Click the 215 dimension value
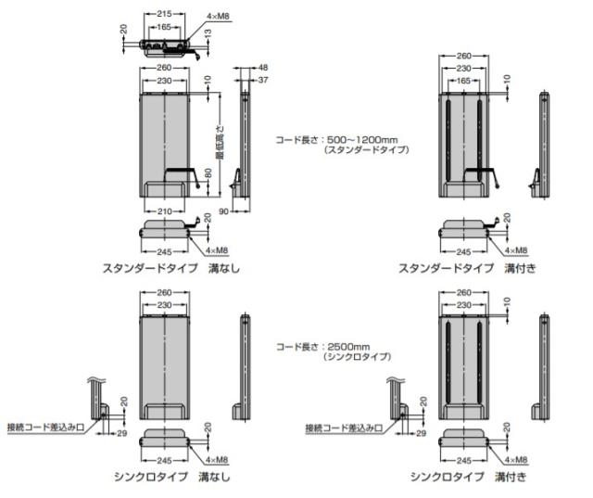164,14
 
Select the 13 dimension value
208,33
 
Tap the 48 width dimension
263,68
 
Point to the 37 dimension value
263,80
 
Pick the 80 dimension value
208,173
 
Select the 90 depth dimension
224,211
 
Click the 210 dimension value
165,211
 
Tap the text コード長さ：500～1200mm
336,140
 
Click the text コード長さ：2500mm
323,347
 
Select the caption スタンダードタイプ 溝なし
171,268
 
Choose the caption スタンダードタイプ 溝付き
467,268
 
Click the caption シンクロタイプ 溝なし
172,477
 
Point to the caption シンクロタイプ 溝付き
468,477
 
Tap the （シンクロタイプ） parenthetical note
357,356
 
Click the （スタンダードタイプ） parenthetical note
367,149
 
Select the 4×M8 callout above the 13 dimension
218,17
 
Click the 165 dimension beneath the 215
164,27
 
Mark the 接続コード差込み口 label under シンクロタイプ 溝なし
45,428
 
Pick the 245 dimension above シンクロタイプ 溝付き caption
463,461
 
